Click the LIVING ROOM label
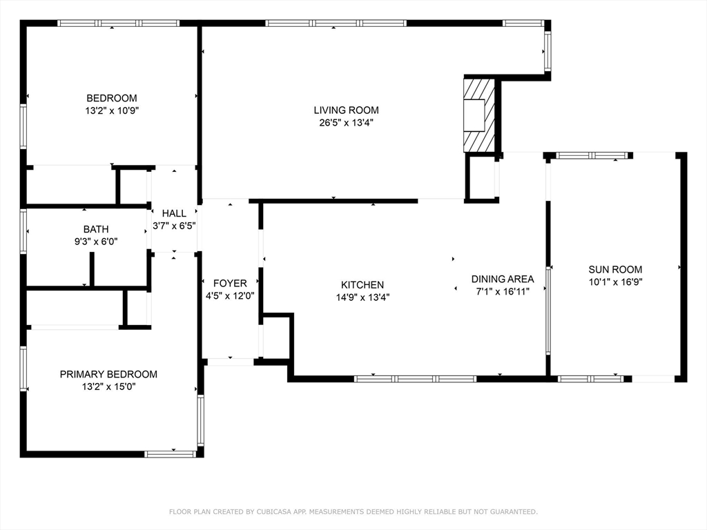point(347,110)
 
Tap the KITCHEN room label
point(362,285)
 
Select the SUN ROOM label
point(615,270)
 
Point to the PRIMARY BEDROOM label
point(108,374)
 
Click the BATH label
point(96,229)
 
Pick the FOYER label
point(230,284)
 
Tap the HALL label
point(174,214)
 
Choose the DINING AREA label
point(503,279)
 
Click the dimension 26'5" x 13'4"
point(347,123)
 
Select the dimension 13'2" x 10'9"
point(112,110)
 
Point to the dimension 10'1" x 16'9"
point(615,282)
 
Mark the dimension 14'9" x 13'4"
point(362,297)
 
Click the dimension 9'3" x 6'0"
point(96,242)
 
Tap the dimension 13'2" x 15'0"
point(108,386)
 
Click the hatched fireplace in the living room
point(479,116)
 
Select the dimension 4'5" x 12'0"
point(230,296)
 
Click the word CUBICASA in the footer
point(274,511)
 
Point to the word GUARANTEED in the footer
point(514,511)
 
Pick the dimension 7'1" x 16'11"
point(503,292)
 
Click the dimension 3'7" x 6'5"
point(174,226)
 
